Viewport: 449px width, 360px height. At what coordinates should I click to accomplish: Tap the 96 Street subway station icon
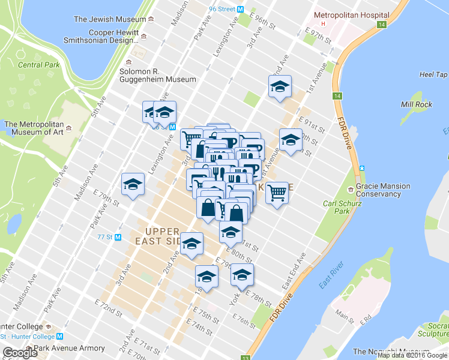tap(240, 9)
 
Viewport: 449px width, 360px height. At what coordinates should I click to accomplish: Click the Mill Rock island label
tap(416, 104)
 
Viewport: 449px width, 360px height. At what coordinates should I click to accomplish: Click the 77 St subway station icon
tap(118, 236)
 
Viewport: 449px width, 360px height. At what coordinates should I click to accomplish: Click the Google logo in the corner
tap(20, 353)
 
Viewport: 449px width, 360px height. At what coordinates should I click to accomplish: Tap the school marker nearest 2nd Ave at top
tap(279, 88)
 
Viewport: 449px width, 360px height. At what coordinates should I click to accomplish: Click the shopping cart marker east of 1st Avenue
tap(277, 193)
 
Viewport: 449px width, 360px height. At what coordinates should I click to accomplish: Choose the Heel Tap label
tap(433, 74)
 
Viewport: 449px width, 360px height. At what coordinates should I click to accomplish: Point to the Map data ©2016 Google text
tap(412, 355)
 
